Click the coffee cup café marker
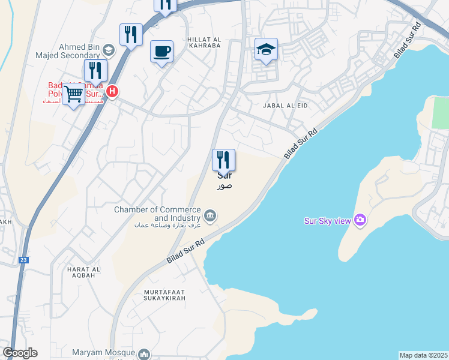pos(161,52)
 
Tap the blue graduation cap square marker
pos(265,50)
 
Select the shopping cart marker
pos(74,94)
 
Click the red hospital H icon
pos(112,91)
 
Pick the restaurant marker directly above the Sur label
pos(223,160)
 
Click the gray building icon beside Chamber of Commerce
pos(210,215)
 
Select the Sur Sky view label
pos(327,221)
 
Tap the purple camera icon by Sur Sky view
pos(360,220)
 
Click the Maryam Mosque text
pos(101,352)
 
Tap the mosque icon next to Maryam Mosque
pos(143,355)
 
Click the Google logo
pos(20,353)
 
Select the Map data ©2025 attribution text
pos(424,355)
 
